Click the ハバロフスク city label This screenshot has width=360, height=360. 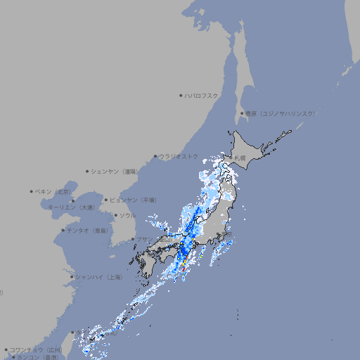tap(202, 96)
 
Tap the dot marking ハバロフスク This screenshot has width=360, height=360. tap(181, 96)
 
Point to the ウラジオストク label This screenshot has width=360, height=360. tap(179, 156)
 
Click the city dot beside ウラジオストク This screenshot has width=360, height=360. tap(155, 156)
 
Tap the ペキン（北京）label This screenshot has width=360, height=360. tap(54, 191)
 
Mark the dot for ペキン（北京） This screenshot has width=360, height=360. tap(32, 191)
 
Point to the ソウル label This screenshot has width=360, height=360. tap(127, 215)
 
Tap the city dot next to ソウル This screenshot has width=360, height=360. tap(115, 215)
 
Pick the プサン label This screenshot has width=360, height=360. tap(144, 239)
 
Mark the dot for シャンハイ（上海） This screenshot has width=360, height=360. tap(72, 277)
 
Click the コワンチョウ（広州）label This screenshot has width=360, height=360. tap(35, 349)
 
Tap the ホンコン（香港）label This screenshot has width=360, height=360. tap(37, 357)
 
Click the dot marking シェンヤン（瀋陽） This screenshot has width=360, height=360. tap(87, 171)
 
